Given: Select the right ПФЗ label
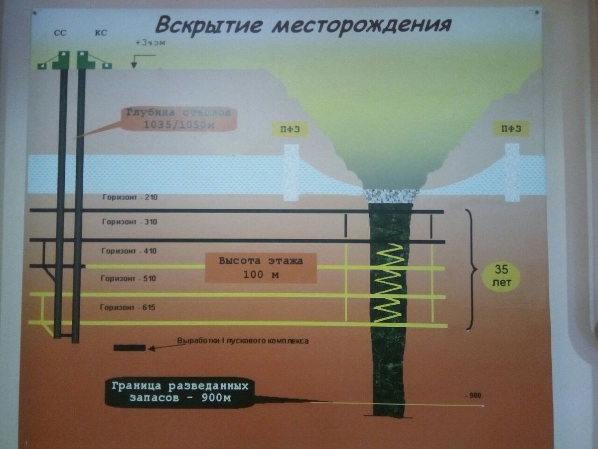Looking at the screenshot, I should pos(511,130).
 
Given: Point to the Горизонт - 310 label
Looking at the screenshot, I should pos(130,222).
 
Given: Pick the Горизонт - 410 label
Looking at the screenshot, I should pos(130,251).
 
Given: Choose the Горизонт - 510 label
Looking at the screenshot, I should pos(130,278).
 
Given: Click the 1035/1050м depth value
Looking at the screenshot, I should pos(178,125).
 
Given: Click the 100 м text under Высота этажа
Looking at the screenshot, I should pos(261,274).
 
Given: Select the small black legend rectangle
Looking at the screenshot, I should pos(130,348).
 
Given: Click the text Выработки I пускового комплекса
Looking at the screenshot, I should pos(243,341).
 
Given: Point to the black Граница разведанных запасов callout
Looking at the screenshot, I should pos(179,393).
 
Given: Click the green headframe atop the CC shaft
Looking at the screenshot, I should pos(63,59).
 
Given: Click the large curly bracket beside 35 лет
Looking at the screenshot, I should pos(470,269).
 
